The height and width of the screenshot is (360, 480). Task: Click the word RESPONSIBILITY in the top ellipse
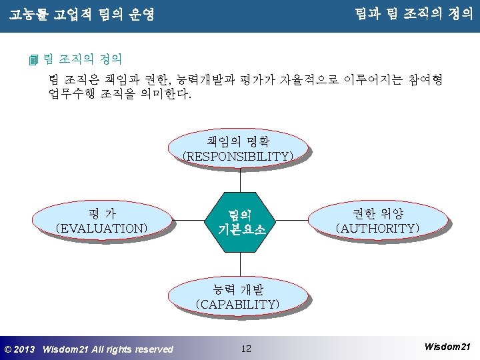pyautogui.click(x=238, y=156)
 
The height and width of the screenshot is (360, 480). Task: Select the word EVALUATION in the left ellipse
pyautogui.click(x=102, y=228)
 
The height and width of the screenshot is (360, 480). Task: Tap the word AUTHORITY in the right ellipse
pyautogui.click(x=378, y=228)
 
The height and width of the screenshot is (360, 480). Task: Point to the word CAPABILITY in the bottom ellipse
pyautogui.click(x=237, y=304)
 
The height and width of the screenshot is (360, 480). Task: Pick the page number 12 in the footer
pyautogui.click(x=246, y=349)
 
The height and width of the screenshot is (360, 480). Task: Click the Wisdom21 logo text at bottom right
pyautogui.click(x=447, y=347)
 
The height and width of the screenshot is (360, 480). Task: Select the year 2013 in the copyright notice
pyautogui.click(x=24, y=349)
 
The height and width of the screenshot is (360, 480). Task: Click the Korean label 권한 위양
pyautogui.click(x=378, y=213)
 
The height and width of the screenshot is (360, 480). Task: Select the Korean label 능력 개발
pyautogui.click(x=237, y=289)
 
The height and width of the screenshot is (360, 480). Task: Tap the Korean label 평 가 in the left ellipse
pyautogui.click(x=102, y=213)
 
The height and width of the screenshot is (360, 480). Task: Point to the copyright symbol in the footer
pyautogui.click(x=7, y=349)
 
